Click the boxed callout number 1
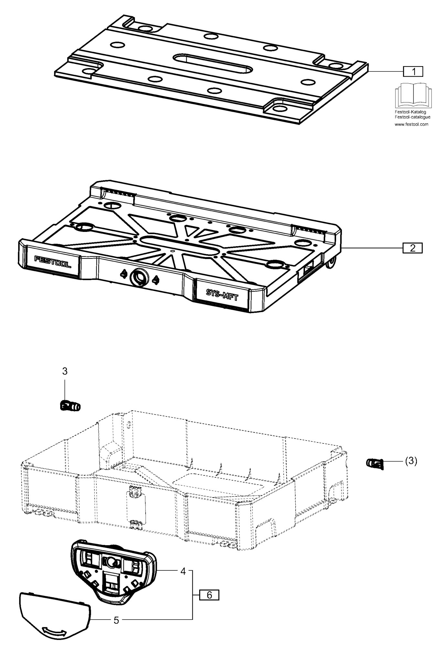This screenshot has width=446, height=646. point(413,71)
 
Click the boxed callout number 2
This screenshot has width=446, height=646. point(412,248)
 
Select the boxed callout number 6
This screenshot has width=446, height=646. point(209,595)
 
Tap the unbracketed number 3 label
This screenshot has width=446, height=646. point(65,371)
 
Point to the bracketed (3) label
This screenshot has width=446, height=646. point(411,461)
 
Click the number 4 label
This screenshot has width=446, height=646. point(183,571)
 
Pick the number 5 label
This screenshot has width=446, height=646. point(116,620)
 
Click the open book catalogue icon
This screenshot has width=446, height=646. point(412,95)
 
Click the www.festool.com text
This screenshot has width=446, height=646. point(411,124)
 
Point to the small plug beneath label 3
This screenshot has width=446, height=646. point(70,405)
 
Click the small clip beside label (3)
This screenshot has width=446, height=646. point(375,464)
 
